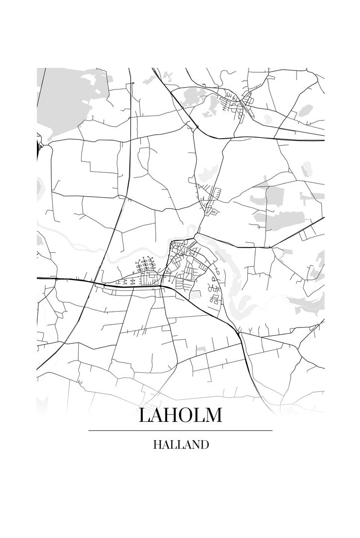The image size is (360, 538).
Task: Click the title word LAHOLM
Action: coord(180,415)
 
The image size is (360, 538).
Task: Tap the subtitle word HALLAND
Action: coord(180,445)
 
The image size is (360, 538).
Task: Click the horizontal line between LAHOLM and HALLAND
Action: coord(180,430)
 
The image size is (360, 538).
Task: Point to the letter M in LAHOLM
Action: coord(212,415)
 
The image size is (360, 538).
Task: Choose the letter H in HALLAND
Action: coord(157,445)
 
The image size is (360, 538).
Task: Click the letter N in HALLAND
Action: coord(196,445)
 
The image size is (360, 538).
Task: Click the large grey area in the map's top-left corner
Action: coord(64,98)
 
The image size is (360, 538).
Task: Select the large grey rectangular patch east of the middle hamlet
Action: coord(275,197)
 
